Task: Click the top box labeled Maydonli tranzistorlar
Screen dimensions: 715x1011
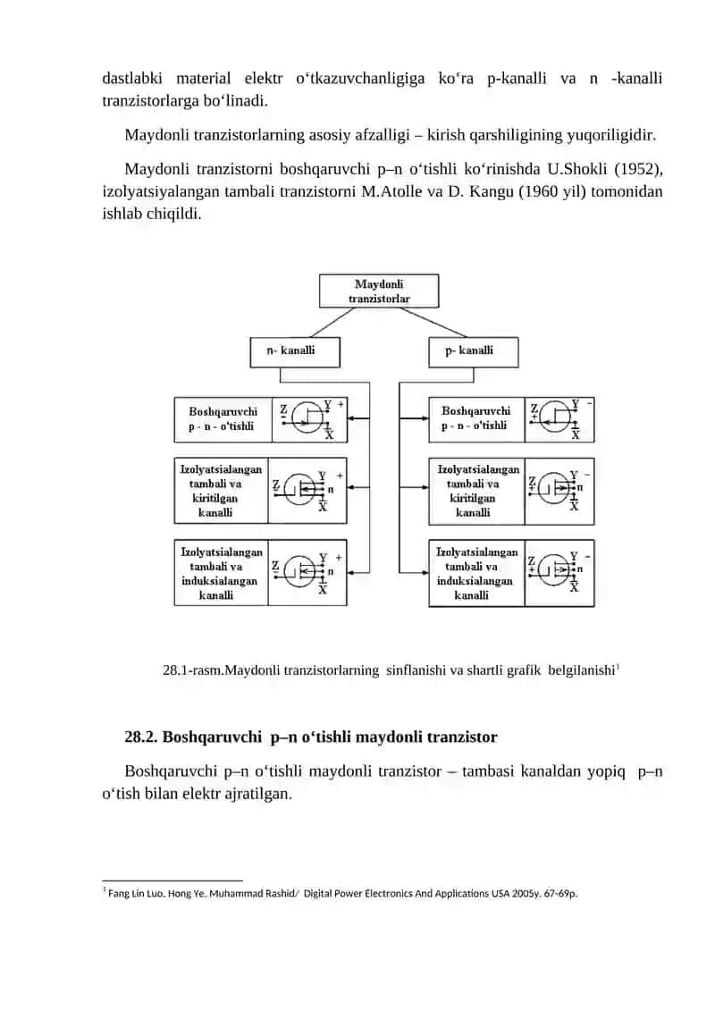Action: pos(379,291)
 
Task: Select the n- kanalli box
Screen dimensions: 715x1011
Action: pos(295,352)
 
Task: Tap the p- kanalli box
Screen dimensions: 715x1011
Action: pos(473,352)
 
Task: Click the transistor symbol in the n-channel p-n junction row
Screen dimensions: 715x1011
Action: pos(310,420)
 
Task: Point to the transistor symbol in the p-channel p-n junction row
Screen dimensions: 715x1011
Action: pos(559,420)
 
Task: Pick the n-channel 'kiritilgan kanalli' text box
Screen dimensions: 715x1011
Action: pos(221,491)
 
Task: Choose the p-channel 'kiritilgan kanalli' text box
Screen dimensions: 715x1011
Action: pos(477,491)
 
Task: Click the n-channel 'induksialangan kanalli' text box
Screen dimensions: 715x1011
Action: pos(221,573)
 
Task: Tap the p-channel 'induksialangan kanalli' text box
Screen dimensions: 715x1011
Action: pos(477,573)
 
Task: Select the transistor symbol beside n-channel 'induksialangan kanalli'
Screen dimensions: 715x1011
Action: pos(307,573)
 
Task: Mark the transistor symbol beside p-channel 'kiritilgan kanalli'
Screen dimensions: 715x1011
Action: pos(559,491)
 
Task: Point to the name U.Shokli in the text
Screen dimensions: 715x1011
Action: pos(577,170)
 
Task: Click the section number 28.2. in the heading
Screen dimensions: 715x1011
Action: pos(141,737)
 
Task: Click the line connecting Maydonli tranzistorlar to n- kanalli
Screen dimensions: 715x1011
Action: pos(332,323)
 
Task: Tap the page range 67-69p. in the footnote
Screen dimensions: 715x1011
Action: pos(559,894)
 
